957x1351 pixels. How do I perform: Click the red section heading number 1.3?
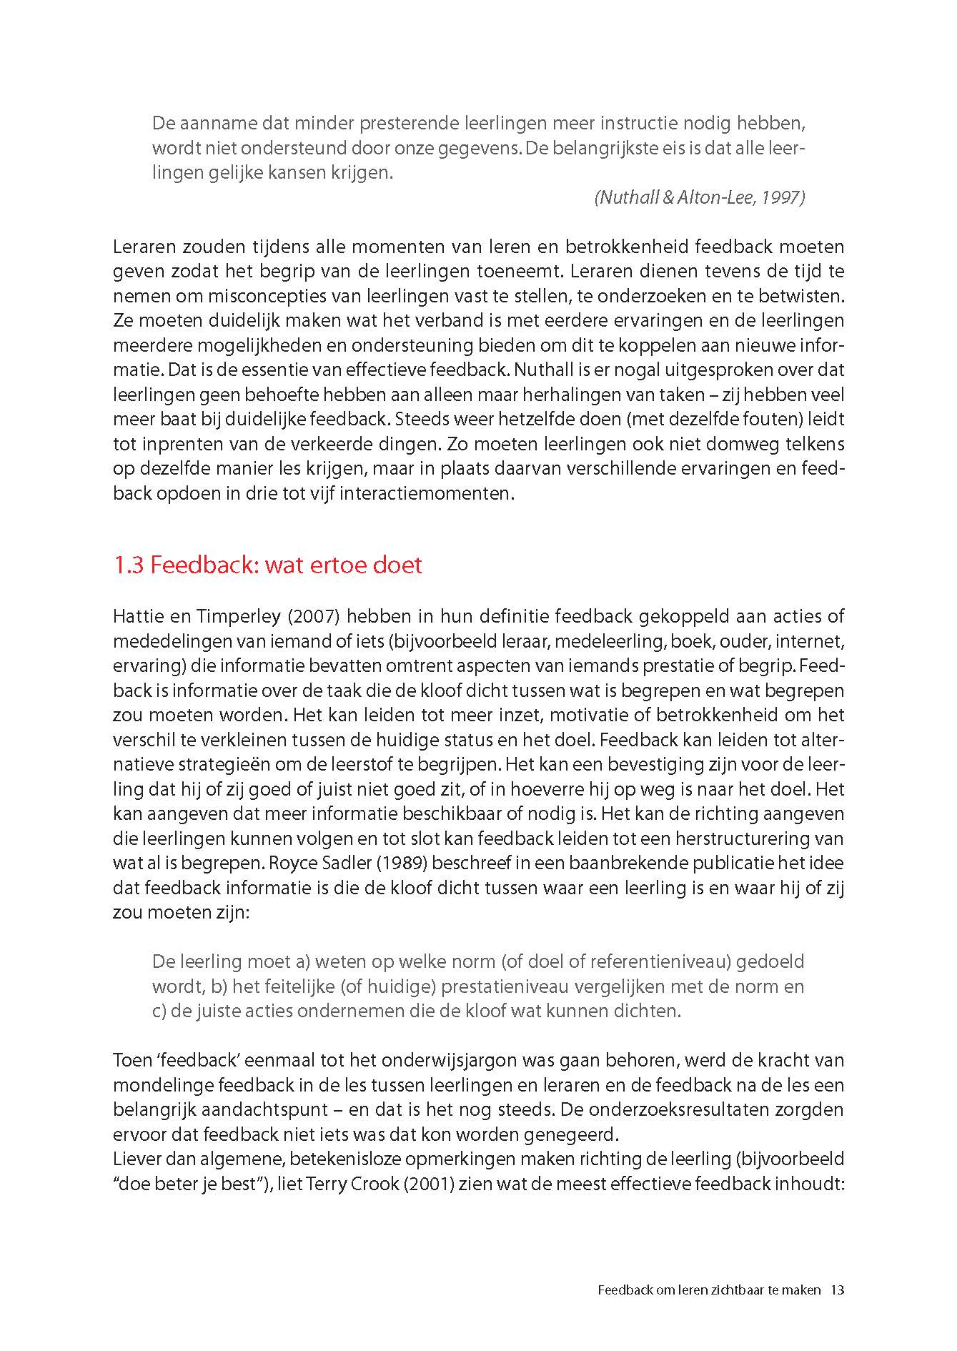tap(129, 565)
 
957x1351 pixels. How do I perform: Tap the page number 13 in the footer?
tap(838, 1290)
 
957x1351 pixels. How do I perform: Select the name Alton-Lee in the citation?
tap(712, 198)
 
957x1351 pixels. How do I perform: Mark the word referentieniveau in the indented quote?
tap(658, 962)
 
